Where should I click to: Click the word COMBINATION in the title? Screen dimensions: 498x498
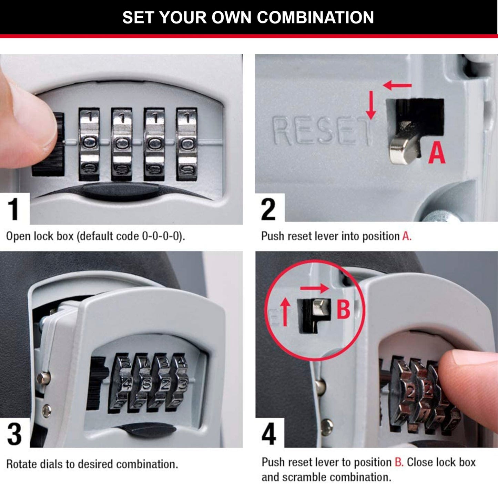pos(315,17)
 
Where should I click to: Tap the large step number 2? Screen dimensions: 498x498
pos(268,209)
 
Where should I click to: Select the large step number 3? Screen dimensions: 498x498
pos(14,434)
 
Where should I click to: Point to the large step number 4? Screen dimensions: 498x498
pos(268,434)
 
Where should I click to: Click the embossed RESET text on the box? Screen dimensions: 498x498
pos(322,131)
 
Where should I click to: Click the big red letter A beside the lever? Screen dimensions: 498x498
pos(436,153)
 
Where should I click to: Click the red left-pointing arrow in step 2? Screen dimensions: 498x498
pos(397,85)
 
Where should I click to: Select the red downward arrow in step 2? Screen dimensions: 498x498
pos(371,105)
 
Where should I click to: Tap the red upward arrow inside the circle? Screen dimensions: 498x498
pos(285,312)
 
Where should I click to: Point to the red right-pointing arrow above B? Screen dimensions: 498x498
pos(314,288)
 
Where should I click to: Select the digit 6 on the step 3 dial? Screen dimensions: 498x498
pos(145,384)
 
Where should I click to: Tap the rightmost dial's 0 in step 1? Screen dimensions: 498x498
pos(187,143)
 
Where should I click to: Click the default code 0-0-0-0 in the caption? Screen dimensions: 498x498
pos(161,236)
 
